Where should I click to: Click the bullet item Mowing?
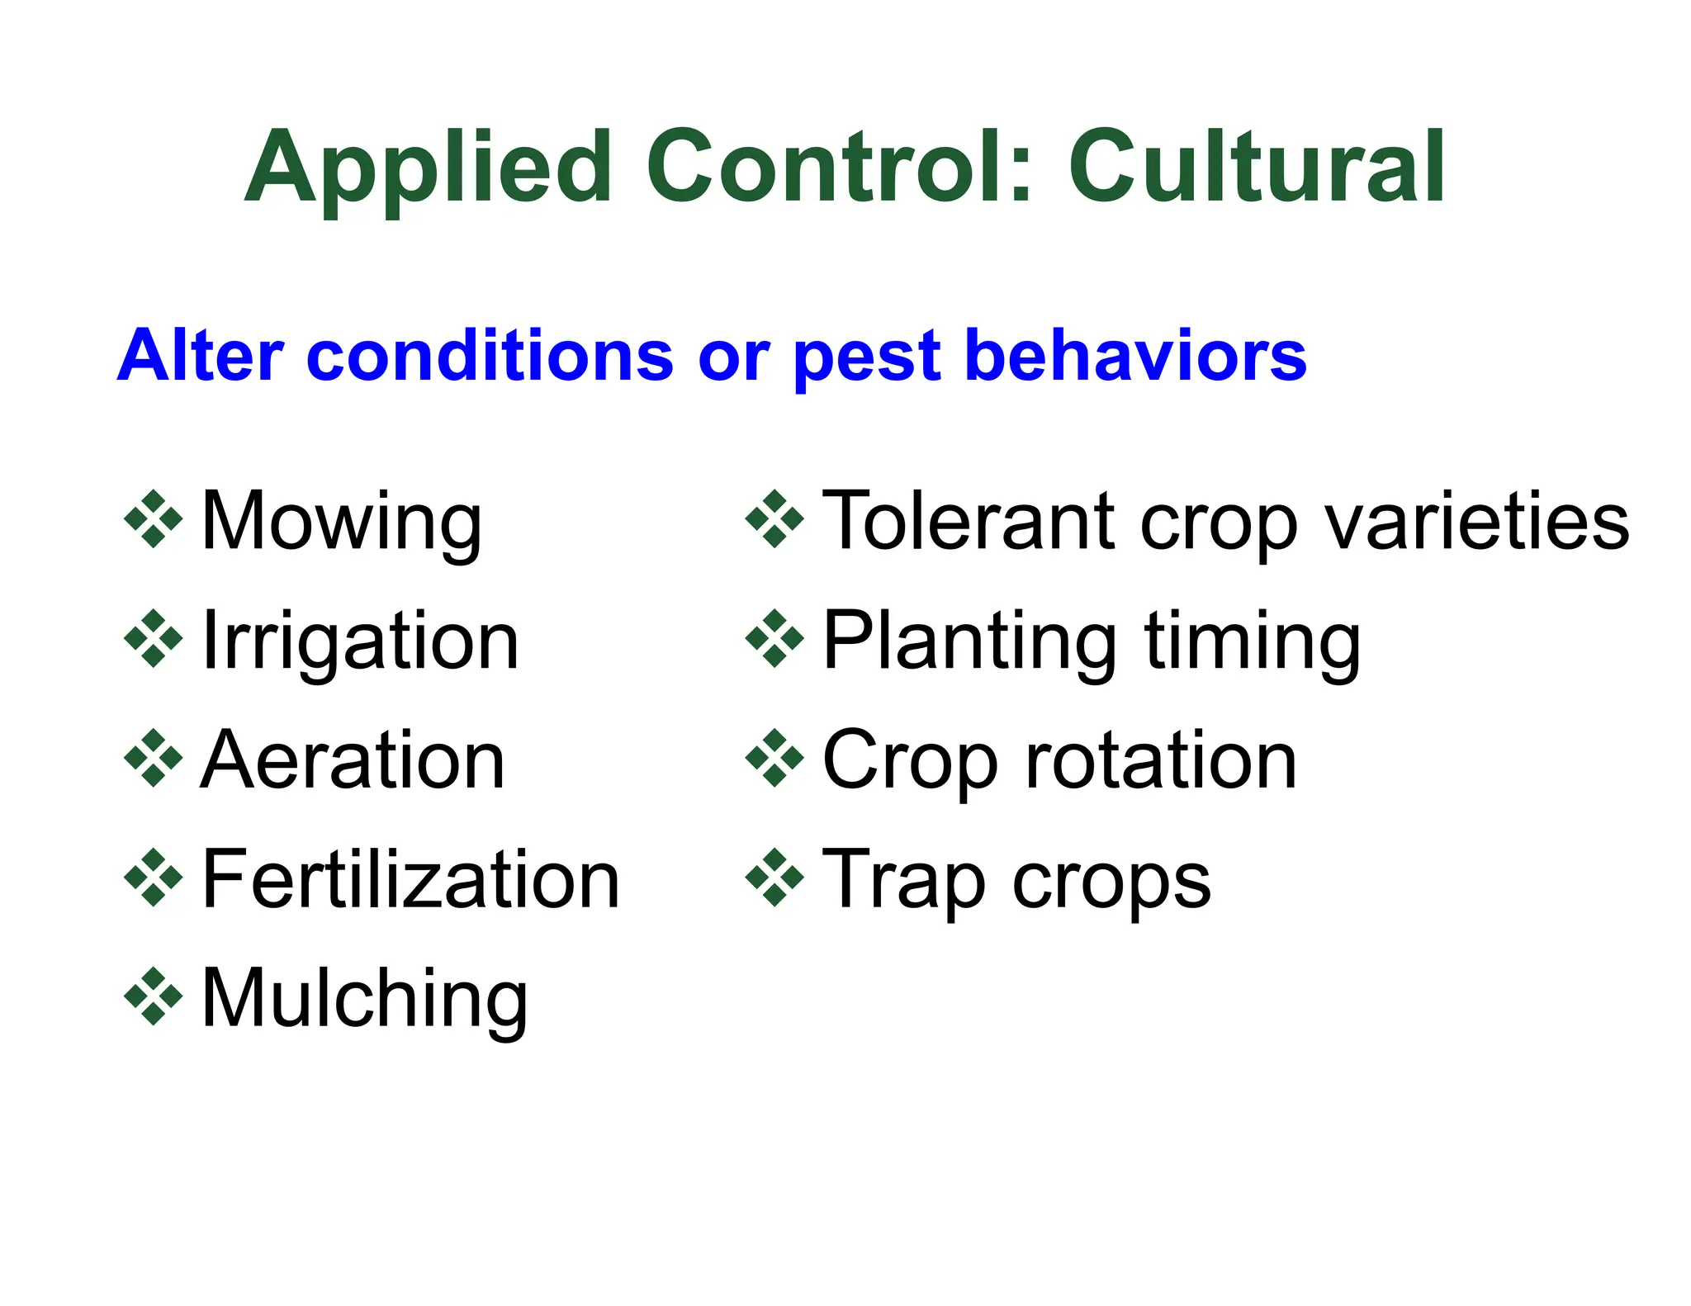[x=341, y=522]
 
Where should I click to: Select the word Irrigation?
[x=360, y=641]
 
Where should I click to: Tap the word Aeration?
[x=353, y=760]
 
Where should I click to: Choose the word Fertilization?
[x=410, y=880]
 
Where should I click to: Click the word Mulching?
[x=364, y=1000]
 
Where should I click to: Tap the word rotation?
[x=1160, y=760]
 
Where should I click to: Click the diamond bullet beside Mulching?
[x=154, y=997]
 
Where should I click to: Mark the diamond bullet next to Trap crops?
[x=774, y=878]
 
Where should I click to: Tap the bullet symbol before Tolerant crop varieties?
[x=774, y=519]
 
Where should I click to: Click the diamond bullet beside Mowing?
[x=154, y=519]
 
